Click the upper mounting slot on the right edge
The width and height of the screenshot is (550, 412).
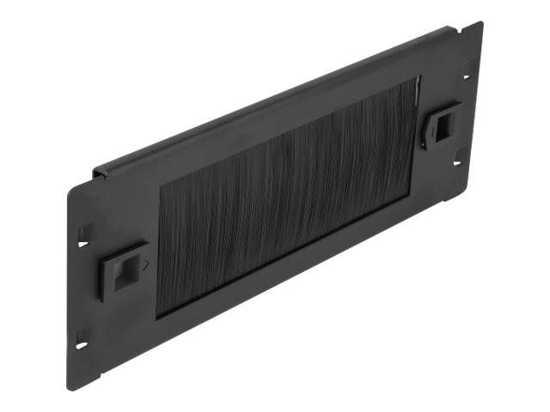click(468, 71)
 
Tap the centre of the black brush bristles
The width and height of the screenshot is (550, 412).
click(284, 198)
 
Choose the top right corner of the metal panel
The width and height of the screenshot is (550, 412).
click(482, 22)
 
